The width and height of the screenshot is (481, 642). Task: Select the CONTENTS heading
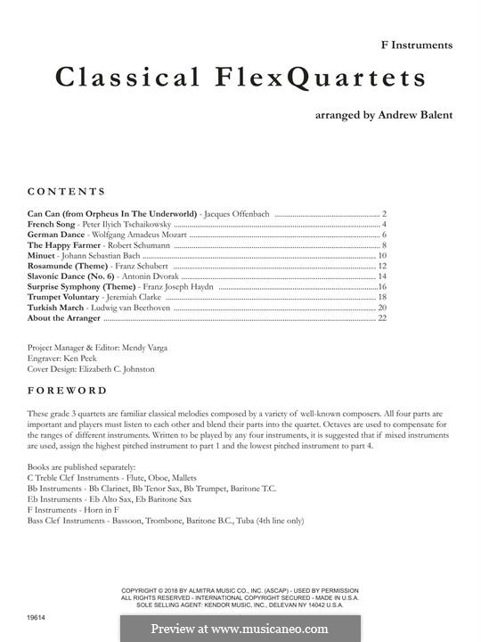coord(67,192)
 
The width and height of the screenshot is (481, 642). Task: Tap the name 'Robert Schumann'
coord(133,245)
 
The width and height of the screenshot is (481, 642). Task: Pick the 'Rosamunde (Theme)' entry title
coord(68,266)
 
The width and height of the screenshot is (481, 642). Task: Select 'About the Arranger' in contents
coord(64,317)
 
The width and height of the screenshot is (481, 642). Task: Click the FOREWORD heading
coord(67,391)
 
